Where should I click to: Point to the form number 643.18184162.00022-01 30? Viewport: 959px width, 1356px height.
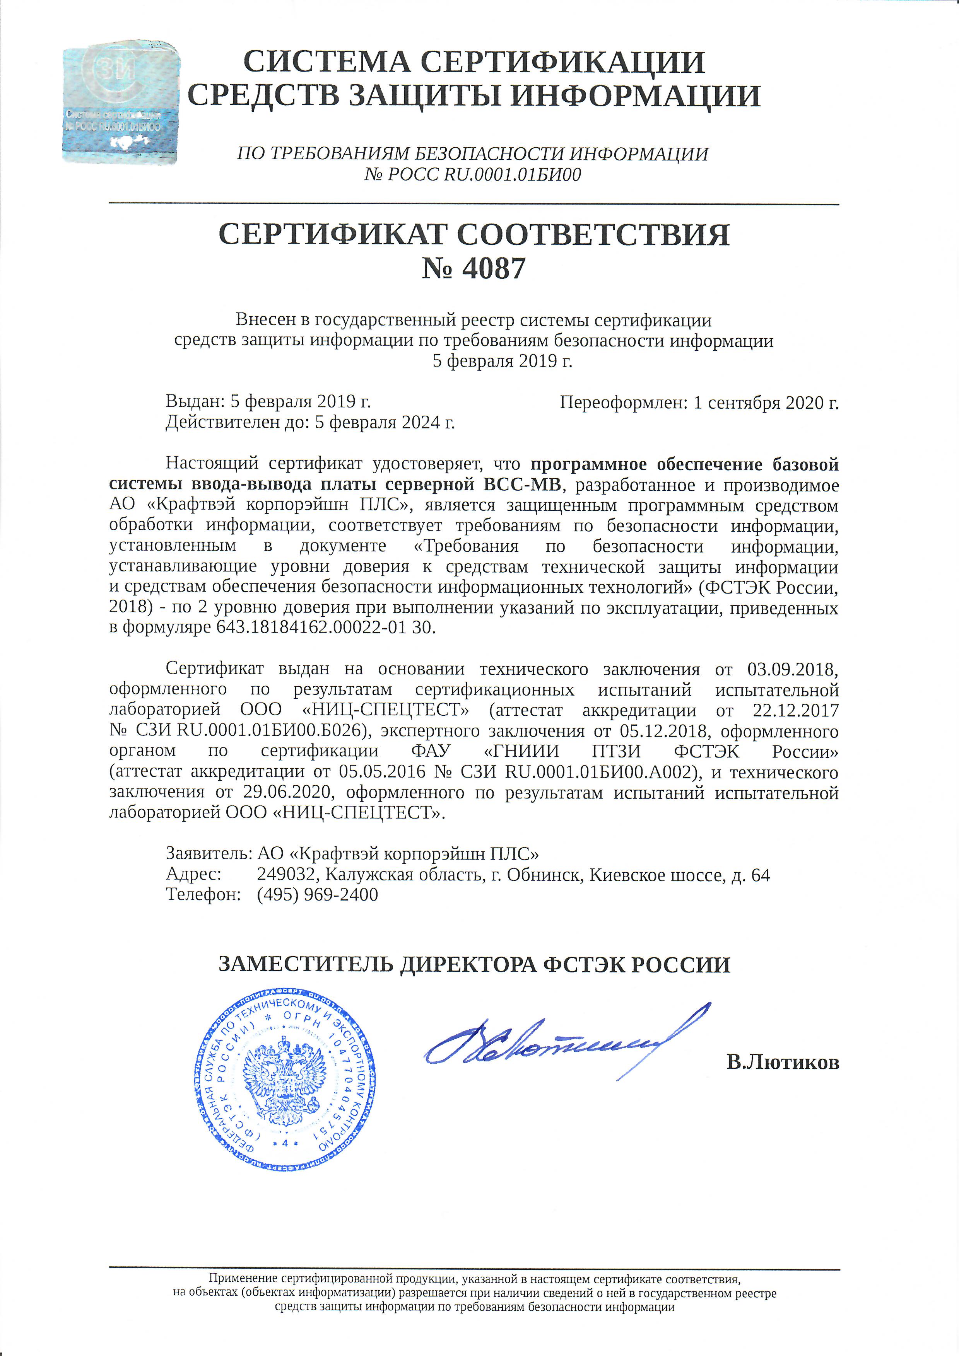[x=326, y=627]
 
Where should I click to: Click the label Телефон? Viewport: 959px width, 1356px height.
[x=203, y=895]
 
